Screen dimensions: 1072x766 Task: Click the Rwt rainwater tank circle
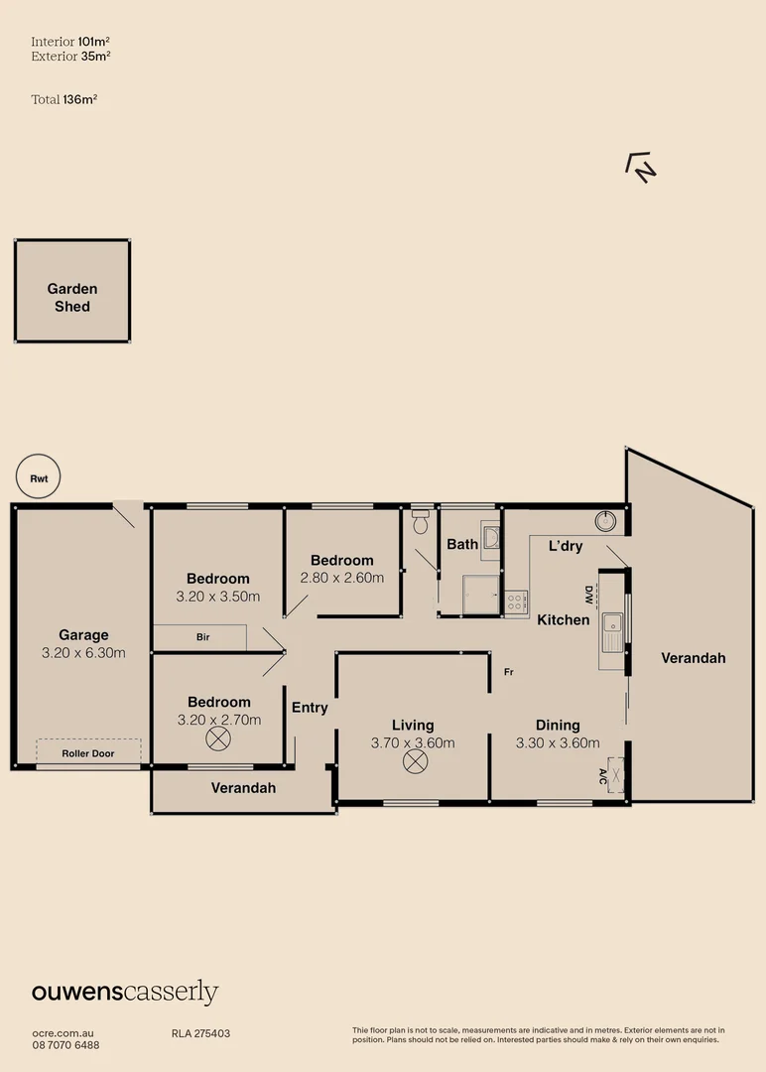coord(39,478)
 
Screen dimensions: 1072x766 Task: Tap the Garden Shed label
coord(72,298)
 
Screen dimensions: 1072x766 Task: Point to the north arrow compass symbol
coord(641,167)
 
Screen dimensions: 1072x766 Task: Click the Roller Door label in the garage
coord(88,753)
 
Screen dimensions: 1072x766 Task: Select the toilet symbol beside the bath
coord(421,522)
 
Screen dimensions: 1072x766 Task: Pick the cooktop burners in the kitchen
coord(516,600)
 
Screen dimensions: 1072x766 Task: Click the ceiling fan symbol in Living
coord(414,761)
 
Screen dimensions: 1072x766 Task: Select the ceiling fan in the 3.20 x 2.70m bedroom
coord(217,738)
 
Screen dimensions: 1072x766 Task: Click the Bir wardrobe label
coord(201,637)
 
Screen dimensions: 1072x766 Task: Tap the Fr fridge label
coord(508,673)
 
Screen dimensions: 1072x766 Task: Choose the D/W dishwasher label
coord(587,596)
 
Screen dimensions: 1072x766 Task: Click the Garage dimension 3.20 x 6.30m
coord(83,653)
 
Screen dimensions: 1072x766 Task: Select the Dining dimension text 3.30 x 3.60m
coord(558,742)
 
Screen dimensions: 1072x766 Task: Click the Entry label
coord(310,708)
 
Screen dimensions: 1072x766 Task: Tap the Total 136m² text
coord(64,99)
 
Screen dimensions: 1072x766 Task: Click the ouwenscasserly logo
coord(125,993)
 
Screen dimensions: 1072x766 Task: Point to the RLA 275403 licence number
coord(200,1033)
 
